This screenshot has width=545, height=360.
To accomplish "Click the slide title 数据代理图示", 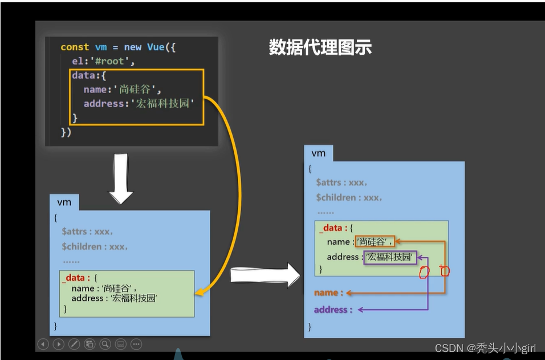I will [320, 47].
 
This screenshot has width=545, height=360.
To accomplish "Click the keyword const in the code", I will [75, 47].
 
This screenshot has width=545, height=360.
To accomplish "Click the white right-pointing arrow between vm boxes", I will [265, 276].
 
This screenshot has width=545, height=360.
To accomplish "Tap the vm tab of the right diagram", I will [318, 153].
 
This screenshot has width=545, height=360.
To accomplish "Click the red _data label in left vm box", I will [76, 278].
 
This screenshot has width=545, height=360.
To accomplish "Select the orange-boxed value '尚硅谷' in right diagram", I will [374, 242].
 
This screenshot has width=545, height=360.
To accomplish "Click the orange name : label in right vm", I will [328, 293].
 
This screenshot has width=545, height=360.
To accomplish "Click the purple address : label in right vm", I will [333, 310].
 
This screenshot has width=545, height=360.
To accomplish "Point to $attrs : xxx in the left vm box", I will [87, 232].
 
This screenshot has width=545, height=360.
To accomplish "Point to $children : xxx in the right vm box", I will [349, 197].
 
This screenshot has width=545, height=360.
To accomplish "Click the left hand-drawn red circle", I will [424, 272].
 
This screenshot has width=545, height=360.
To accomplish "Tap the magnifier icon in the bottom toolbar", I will [105, 344].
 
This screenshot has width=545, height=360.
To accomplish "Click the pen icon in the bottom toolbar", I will [74, 344].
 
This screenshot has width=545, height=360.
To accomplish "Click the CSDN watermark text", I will [485, 348].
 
